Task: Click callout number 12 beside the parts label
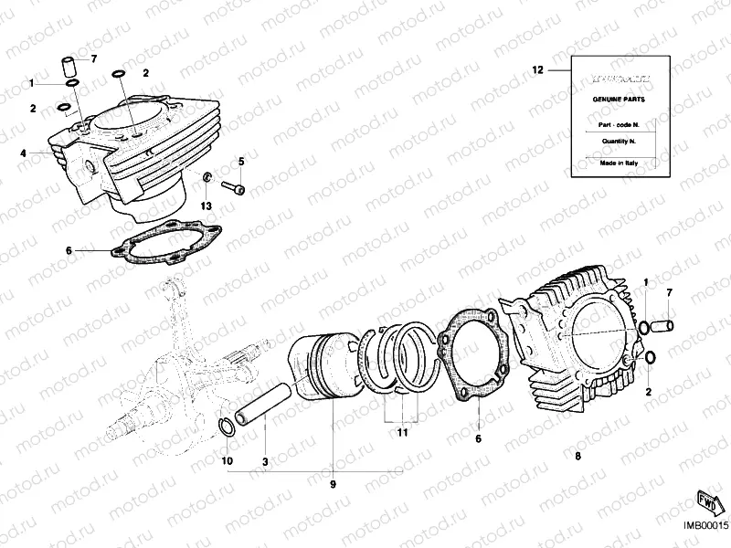coord(537,69)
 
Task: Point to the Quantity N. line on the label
coord(605,142)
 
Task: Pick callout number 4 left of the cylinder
coord(23,153)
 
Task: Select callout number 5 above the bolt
coord(242,162)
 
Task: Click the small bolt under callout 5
coord(234,188)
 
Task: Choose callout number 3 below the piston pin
coord(265,462)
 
